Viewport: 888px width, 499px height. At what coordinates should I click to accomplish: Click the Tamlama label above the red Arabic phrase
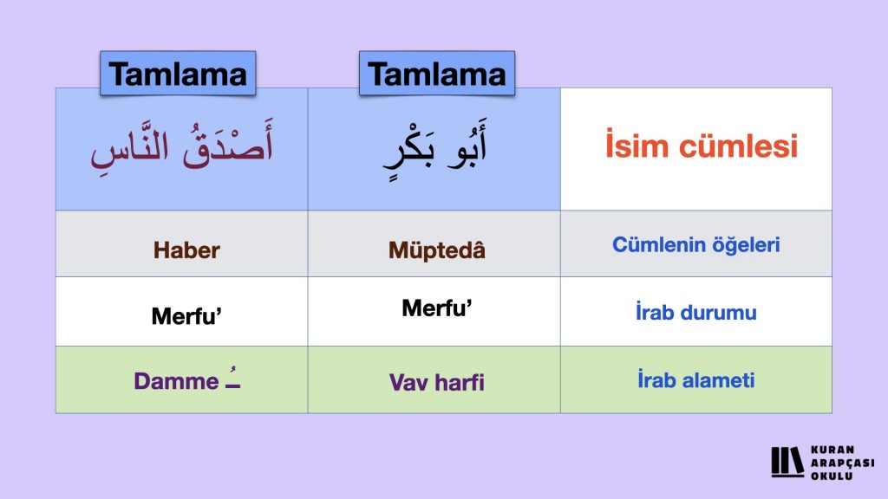178,74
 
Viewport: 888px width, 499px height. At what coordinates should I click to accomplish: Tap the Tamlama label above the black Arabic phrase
437,74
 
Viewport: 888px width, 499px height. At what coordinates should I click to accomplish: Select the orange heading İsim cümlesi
702,145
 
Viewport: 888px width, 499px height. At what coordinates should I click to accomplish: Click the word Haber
186,250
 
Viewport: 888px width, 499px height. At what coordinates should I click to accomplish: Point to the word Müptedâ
437,249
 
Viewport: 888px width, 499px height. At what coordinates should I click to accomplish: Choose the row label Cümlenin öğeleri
696,245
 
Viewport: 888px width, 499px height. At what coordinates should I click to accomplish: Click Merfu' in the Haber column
186,315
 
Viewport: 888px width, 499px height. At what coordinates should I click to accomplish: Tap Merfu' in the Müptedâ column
437,308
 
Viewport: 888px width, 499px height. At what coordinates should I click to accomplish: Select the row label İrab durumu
696,312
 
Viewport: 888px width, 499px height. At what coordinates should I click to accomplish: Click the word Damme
176,381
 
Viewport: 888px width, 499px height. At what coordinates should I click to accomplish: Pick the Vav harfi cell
437,382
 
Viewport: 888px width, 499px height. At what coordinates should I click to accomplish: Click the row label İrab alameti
696,379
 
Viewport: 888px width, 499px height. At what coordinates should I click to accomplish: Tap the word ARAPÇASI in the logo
842,463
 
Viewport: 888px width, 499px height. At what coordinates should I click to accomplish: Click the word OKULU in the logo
832,476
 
